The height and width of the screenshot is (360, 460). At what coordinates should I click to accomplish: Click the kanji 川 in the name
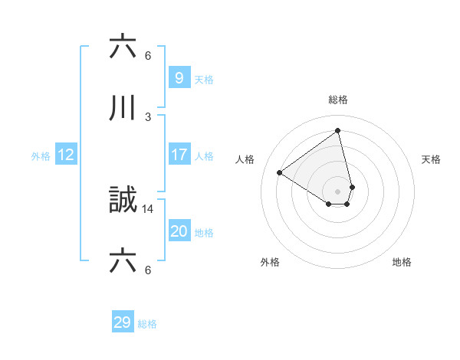coord(122,109)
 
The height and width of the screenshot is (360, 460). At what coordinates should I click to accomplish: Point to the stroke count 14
coord(148,208)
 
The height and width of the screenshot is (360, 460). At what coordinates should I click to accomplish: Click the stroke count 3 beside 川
coord(148,116)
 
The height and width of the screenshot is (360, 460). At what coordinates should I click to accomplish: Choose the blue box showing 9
coord(179,77)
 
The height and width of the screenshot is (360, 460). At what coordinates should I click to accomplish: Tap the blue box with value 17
coord(179,155)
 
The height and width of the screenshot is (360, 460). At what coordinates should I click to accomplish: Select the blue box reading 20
coord(179,231)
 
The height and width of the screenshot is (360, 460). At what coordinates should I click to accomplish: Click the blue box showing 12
coord(66,155)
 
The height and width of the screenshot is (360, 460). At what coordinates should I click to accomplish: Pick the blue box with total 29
coord(122,322)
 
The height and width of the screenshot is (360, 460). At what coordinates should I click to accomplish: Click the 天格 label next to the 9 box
coord(204,79)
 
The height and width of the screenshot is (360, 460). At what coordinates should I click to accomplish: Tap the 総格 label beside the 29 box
coord(147,324)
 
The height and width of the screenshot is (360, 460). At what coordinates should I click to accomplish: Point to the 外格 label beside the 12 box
coord(40,156)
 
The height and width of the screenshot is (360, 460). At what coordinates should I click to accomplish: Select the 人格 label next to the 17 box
coord(204,156)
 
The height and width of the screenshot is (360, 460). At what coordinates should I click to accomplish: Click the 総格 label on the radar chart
coord(338,100)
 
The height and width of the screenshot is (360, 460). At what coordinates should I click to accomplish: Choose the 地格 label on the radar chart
coord(402,262)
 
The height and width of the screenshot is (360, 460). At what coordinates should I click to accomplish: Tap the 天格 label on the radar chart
coord(431,159)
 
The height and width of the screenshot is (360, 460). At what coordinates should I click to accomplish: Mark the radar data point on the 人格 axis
coord(280,173)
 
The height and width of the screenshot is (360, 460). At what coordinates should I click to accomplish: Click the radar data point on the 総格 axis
coord(338,131)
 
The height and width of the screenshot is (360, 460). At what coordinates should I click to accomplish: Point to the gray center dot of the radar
coord(338,191)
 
